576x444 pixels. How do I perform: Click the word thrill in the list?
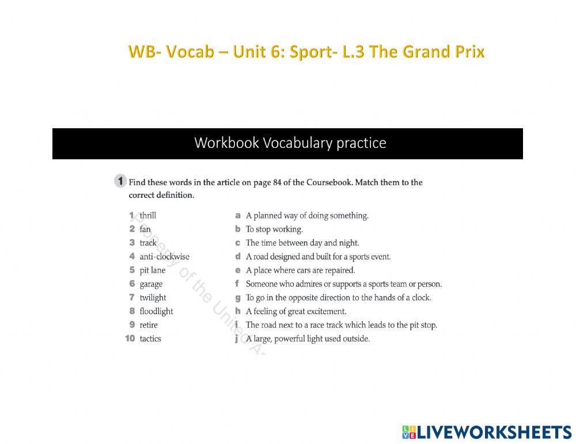click(147, 216)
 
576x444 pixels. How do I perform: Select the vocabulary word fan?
click(145, 229)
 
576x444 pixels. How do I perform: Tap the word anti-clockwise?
click(164, 257)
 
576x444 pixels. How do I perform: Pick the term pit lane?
click(152, 270)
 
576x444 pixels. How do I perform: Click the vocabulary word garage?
click(151, 284)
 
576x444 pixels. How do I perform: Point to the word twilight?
click(153, 298)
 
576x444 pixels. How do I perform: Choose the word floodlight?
click(156, 312)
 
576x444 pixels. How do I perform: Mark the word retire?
click(149, 325)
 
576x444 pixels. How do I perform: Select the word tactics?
click(150, 339)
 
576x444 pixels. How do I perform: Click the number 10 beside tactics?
click(130, 339)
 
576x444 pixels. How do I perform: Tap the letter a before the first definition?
click(237, 216)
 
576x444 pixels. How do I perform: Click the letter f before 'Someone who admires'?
click(237, 284)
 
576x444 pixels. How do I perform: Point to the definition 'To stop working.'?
click(274, 229)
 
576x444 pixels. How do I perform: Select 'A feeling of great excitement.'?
click(296, 312)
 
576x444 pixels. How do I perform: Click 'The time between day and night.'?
click(302, 243)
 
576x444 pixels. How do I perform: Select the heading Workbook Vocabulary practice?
click(290, 143)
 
